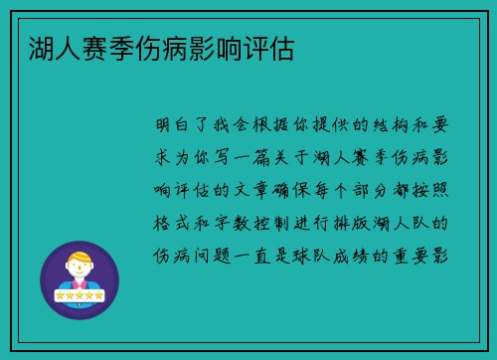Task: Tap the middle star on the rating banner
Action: pyautogui.click(x=80, y=295)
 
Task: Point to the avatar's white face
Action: pyautogui.click(x=80, y=270)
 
